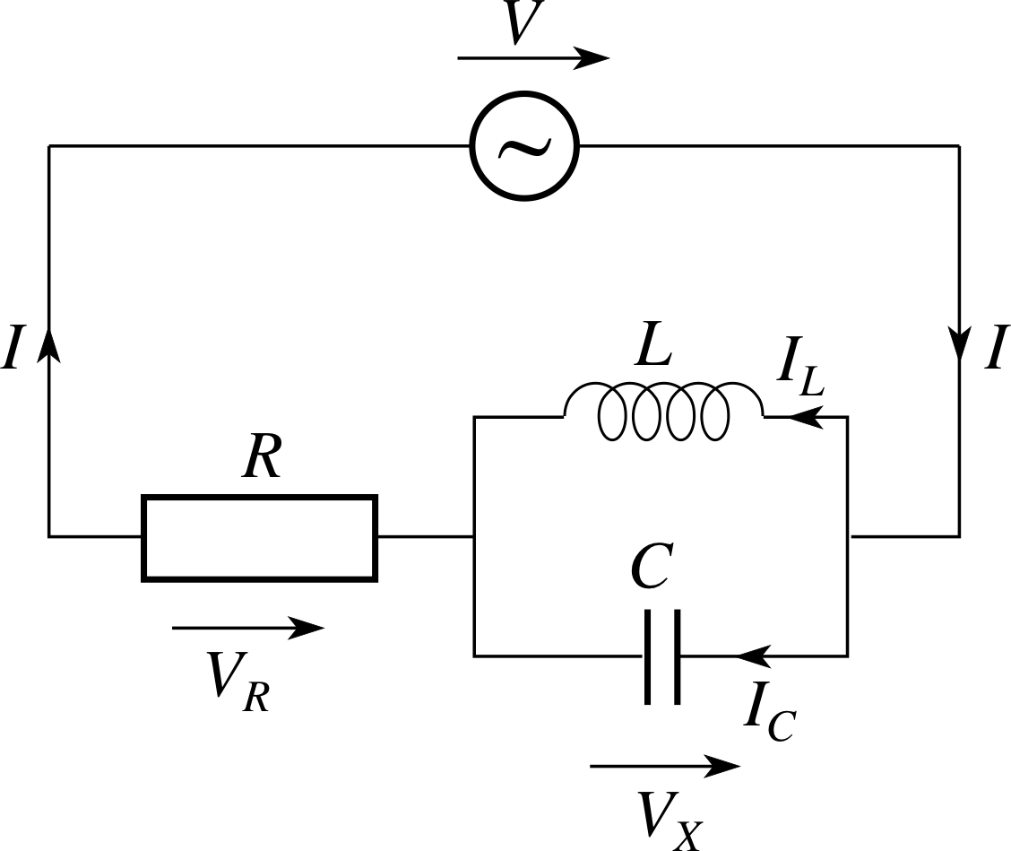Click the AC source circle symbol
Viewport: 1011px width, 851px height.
pos(525,145)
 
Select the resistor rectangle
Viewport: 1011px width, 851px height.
pos(259,537)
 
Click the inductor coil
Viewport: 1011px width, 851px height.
pos(663,413)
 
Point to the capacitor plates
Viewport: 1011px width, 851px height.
pos(661,656)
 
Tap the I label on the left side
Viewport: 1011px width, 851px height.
pos(12,349)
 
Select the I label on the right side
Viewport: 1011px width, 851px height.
pos(994,349)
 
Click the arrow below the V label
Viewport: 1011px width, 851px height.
pos(534,58)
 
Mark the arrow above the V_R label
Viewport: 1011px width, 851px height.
pos(247,629)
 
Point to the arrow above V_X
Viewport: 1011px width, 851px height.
pos(665,766)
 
